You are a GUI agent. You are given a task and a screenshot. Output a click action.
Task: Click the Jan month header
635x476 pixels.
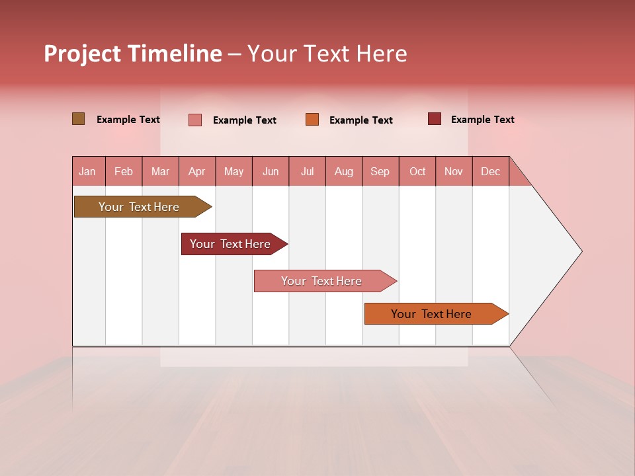(88, 171)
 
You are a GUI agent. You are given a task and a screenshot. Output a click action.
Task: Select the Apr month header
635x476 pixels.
(197, 171)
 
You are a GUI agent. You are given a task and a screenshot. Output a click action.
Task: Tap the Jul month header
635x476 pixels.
(308, 171)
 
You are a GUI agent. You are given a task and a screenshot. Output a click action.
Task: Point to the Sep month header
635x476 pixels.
(380, 171)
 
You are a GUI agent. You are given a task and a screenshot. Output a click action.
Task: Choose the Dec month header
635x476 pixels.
(491, 171)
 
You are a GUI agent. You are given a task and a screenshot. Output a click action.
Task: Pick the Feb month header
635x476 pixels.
(124, 171)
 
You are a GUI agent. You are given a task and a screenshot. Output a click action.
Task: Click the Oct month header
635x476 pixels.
(417, 171)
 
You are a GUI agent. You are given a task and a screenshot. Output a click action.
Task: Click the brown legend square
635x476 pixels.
(79, 119)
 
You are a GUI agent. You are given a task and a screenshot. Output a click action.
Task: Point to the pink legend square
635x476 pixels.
(195, 120)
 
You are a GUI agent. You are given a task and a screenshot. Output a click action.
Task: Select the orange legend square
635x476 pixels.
(312, 120)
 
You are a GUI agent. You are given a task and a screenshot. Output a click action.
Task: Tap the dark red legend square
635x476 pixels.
(435, 119)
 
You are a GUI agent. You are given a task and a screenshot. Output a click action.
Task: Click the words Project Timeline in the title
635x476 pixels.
(133, 54)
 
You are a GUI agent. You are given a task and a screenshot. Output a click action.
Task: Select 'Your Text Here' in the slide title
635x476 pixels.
(327, 54)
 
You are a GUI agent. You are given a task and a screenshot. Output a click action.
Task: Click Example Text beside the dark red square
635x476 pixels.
(482, 120)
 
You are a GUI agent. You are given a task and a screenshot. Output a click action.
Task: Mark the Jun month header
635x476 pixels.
(271, 171)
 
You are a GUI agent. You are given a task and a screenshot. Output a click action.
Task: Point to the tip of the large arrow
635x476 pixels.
(580, 251)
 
